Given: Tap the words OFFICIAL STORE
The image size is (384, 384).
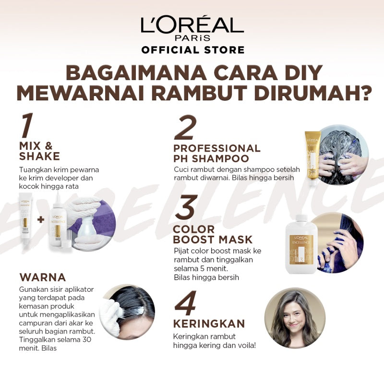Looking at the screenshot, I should click(192, 50).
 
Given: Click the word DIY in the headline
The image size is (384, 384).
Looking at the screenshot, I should click(298, 72).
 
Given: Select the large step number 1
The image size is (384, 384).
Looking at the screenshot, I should click(27, 126).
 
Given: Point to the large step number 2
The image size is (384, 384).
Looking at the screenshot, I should click(186, 129).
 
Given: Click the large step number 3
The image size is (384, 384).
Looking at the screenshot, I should click(185, 208).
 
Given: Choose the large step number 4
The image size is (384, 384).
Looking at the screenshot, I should click(186, 304).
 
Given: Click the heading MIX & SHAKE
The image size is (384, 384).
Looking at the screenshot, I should click(39, 151).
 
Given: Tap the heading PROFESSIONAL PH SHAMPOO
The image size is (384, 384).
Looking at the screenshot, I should click(216, 153).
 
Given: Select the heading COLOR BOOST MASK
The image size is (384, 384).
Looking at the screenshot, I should click(213, 234).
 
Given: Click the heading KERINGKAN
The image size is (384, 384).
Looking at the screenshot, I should click(209, 323).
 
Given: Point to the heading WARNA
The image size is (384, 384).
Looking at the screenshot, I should click(42, 277).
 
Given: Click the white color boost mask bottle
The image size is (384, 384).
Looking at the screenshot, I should click(301, 244).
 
